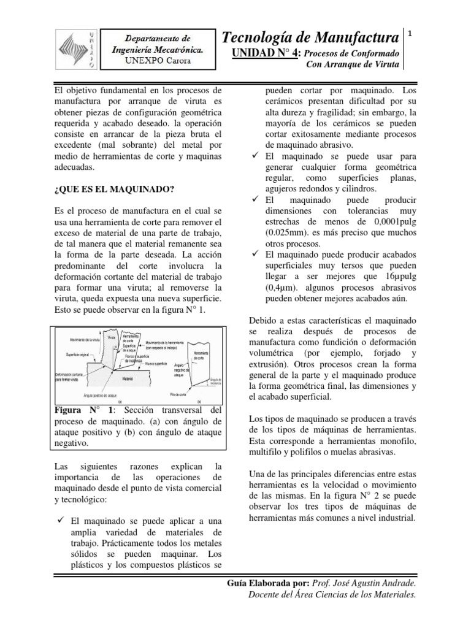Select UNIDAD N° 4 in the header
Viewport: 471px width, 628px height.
[x=267, y=54]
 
